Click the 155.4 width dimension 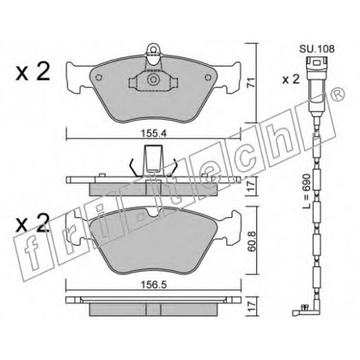click(153, 133)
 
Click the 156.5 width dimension click(153, 285)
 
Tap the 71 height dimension click(251, 83)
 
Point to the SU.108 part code click(317, 49)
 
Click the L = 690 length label click(307, 192)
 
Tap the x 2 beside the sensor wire click(291, 79)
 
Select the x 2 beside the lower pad click(32, 222)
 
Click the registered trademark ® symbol click(338, 94)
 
